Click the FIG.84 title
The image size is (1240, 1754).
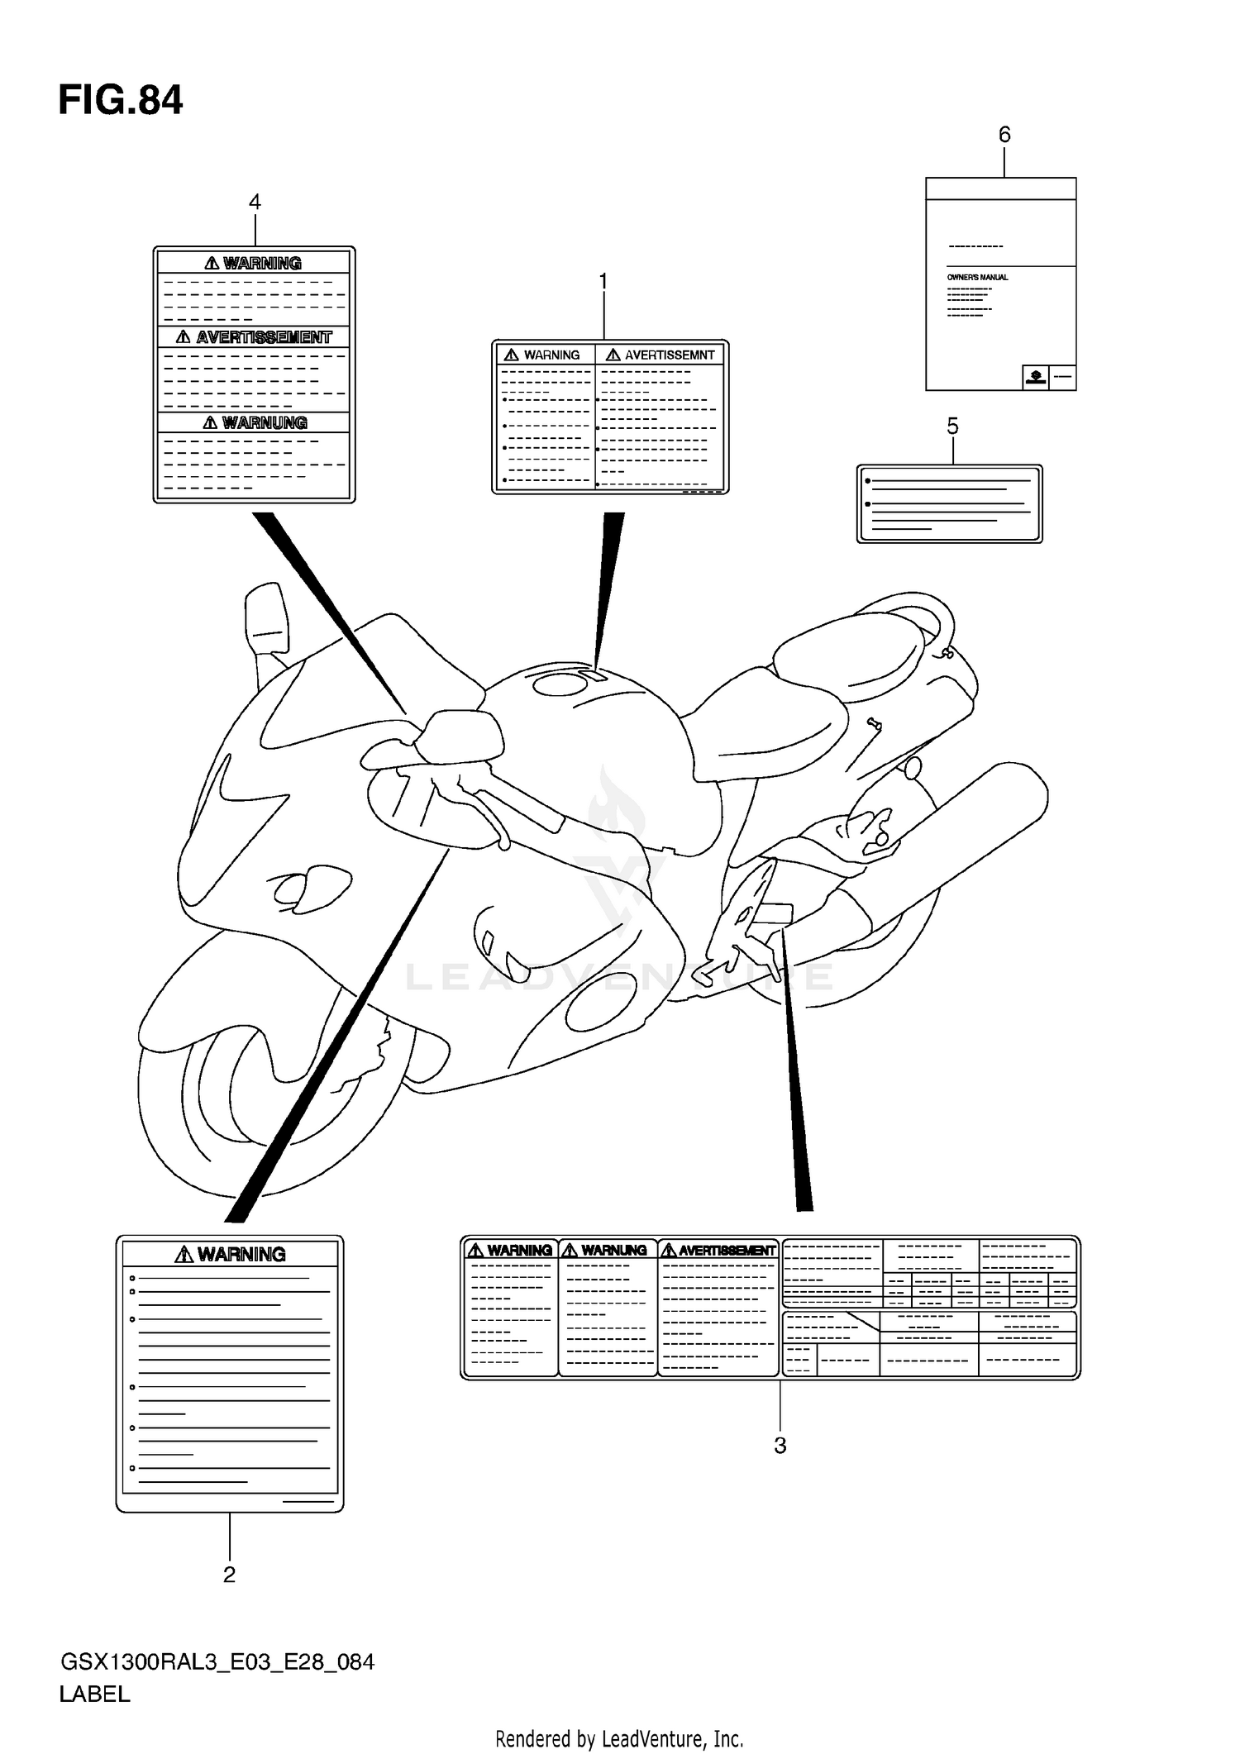coord(121,101)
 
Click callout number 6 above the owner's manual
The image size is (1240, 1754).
coord(1004,135)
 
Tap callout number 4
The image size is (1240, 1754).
coord(255,203)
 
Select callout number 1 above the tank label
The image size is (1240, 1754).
coord(603,282)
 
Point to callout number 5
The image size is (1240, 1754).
coord(952,427)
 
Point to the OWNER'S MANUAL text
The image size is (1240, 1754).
coord(977,278)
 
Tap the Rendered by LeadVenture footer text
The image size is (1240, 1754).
coord(619,1738)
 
